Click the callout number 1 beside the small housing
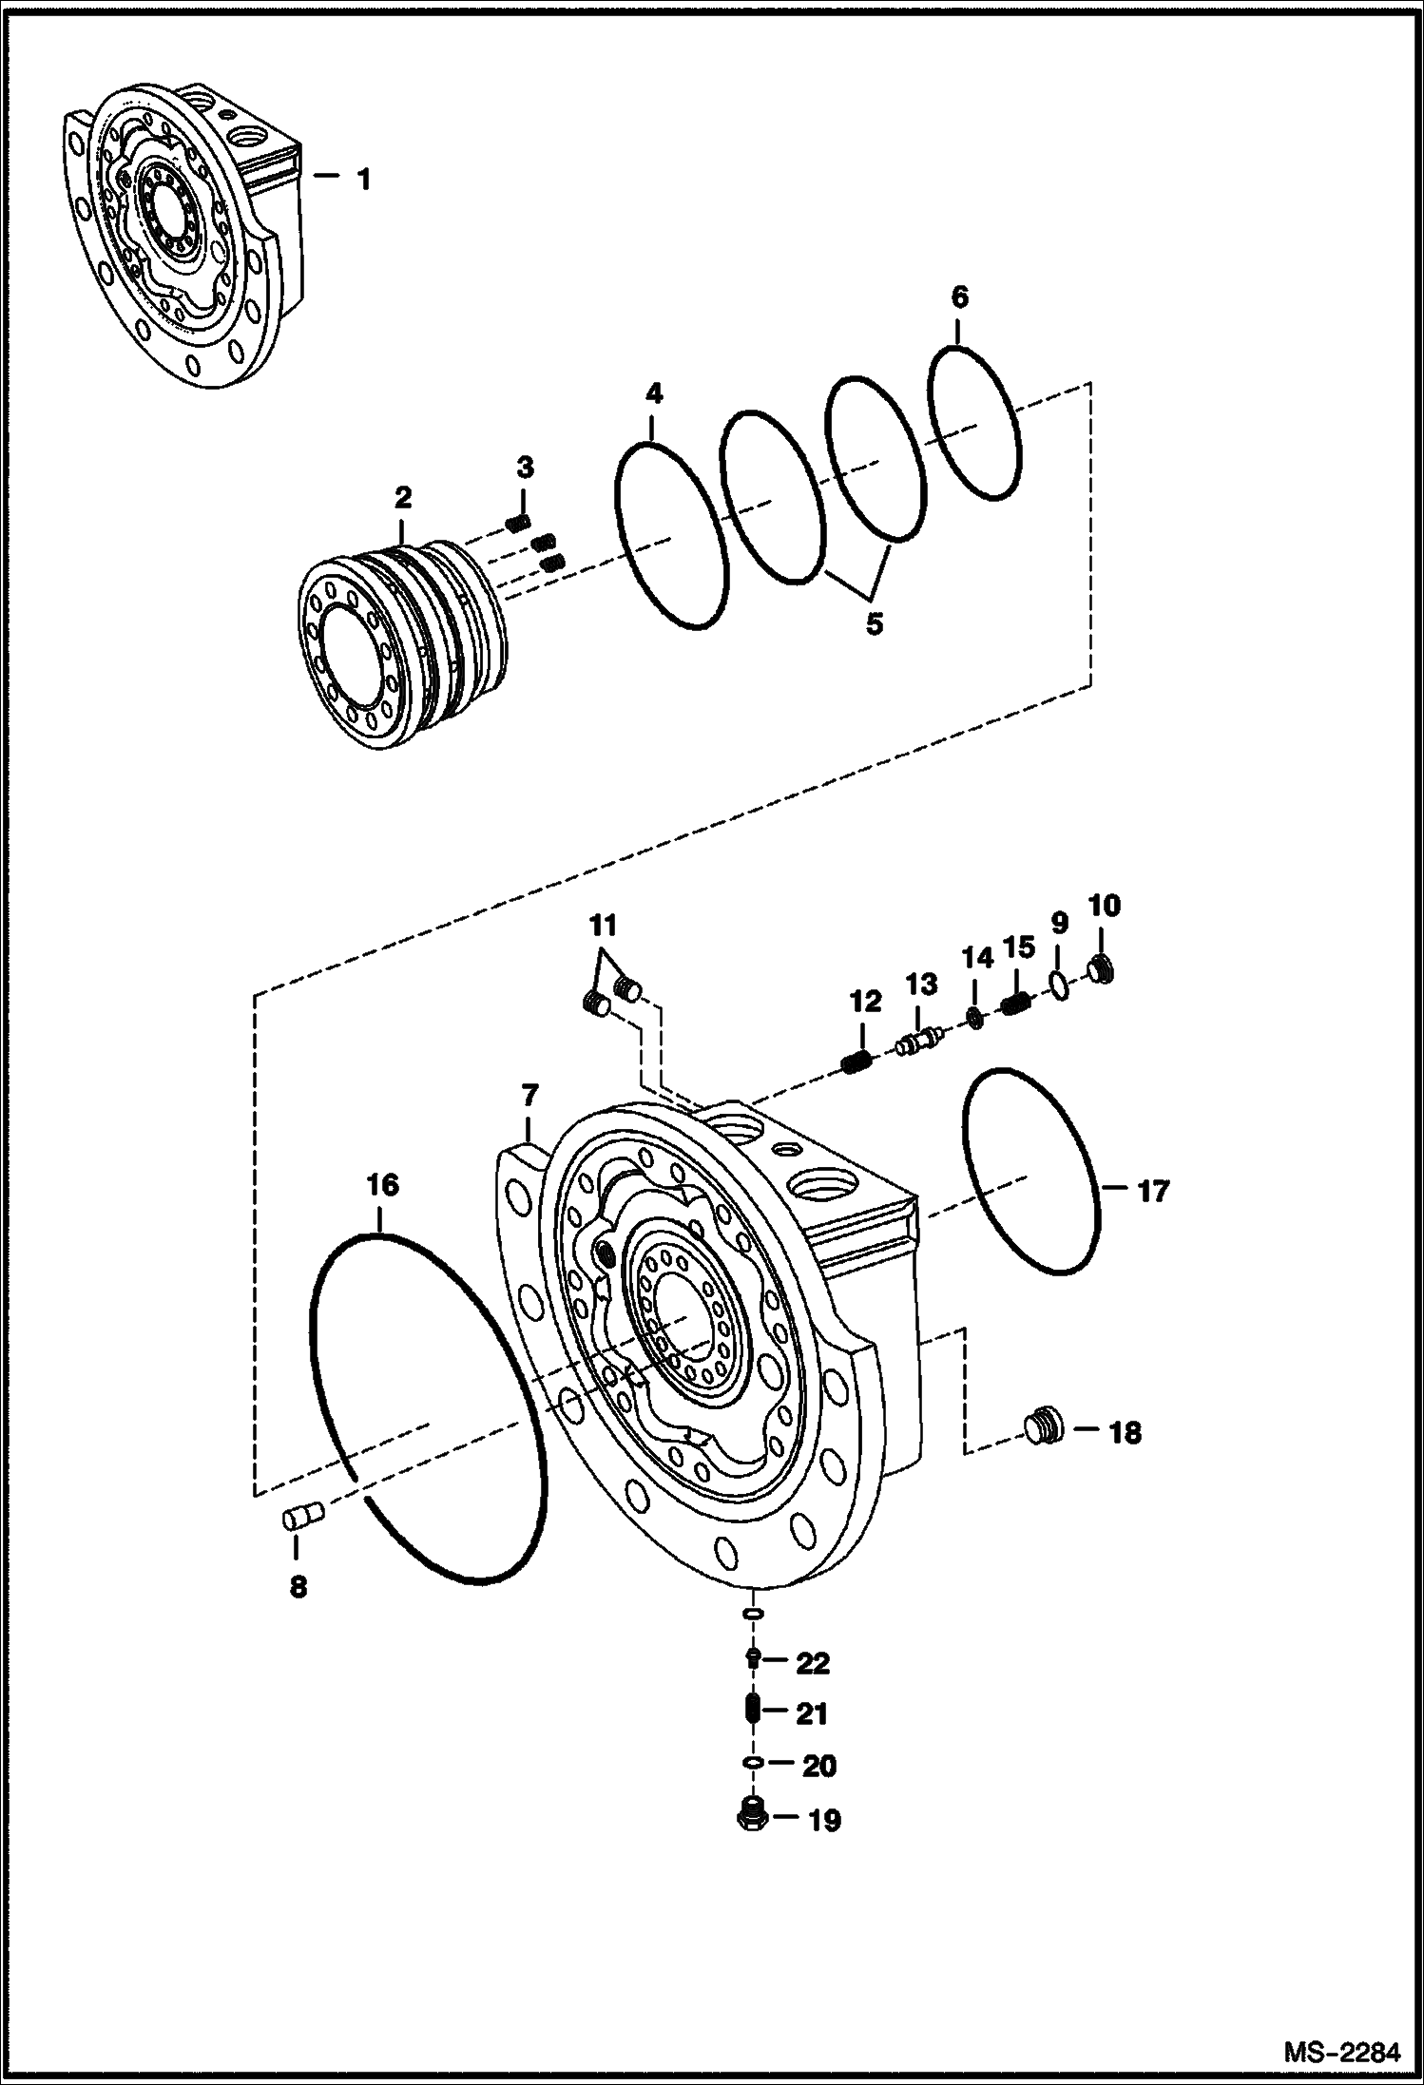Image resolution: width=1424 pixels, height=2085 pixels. (363, 178)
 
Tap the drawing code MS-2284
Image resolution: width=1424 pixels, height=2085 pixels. (1341, 2052)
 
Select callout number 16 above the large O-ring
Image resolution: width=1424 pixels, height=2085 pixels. (383, 1185)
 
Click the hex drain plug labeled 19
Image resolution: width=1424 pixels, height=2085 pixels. (752, 1818)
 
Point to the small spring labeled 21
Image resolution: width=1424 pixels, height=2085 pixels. (751, 1712)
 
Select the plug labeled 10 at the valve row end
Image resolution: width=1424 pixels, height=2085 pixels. (1102, 970)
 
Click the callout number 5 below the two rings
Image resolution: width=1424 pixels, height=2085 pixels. (873, 624)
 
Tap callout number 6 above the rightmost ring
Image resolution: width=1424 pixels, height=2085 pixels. (959, 297)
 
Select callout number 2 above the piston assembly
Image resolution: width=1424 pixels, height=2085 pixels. (403, 496)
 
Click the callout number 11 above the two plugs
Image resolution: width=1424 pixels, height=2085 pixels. (602, 924)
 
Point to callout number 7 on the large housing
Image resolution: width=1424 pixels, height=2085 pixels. (529, 1098)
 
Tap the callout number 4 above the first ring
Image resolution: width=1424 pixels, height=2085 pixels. (653, 393)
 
